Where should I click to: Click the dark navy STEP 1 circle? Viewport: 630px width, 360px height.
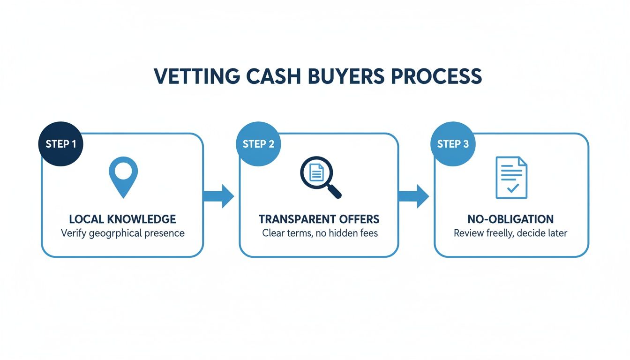(60, 144)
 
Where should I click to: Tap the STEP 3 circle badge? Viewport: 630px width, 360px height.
(453, 144)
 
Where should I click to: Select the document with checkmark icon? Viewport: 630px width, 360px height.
(511, 177)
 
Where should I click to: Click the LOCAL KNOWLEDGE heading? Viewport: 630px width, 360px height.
(122, 219)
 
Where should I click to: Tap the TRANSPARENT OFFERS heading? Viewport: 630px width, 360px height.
(319, 219)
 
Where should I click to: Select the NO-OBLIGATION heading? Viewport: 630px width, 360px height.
(510, 219)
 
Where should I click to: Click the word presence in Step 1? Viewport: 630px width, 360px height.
(164, 233)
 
